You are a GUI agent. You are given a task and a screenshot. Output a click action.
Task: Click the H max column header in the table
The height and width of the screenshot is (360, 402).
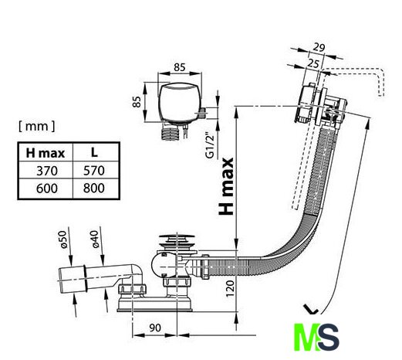(46, 153)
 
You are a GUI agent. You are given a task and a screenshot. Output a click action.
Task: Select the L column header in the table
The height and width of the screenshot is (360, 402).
(94, 153)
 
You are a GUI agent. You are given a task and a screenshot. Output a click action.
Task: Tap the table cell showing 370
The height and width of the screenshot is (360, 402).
(47, 171)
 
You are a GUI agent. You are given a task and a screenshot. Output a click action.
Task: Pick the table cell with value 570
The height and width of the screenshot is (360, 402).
(94, 171)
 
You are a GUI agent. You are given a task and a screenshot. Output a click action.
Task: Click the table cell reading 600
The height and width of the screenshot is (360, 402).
(47, 188)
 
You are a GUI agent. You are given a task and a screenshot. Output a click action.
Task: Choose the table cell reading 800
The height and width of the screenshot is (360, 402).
(94, 188)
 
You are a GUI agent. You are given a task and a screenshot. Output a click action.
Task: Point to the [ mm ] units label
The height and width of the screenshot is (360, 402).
(37, 126)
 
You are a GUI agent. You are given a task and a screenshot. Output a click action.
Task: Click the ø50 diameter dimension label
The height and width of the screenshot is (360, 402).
(63, 239)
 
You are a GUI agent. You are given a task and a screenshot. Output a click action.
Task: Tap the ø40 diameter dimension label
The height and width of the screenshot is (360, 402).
(95, 239)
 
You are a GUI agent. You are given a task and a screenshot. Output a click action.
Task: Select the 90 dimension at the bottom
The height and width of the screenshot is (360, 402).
(155, 328)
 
